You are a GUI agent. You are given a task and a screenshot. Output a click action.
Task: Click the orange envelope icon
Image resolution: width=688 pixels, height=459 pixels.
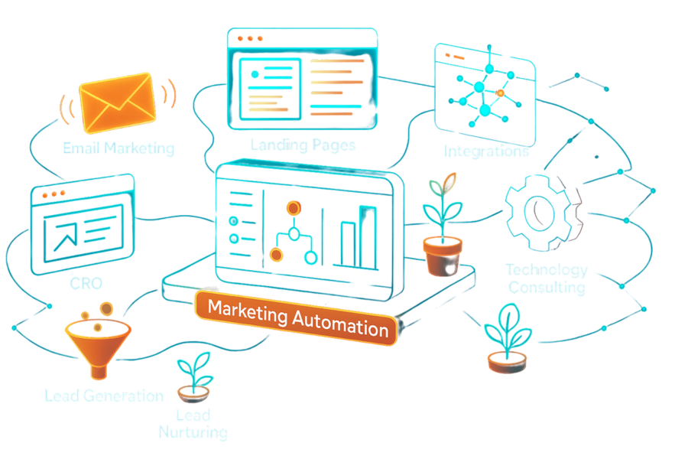(x=118, y=104)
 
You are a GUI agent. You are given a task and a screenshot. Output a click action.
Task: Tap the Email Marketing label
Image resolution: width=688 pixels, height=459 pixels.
(x=118, y=148)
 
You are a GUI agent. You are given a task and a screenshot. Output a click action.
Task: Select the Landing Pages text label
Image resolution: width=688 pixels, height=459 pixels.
(x=303, y=145)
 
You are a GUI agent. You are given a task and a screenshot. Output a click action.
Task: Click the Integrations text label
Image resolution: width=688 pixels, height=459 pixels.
(x=486, y=151)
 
